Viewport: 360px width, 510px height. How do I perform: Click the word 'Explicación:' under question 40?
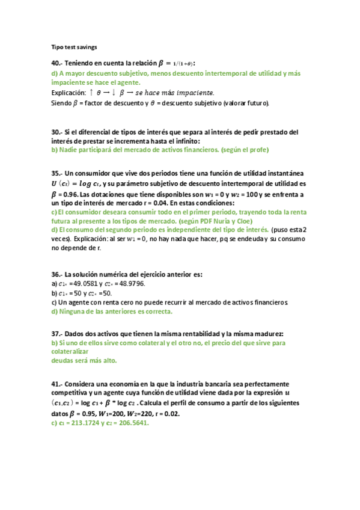[x=68, y=93]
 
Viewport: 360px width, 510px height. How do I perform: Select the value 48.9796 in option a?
[x=130, y=284]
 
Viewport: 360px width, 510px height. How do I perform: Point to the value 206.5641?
[x=132, y=423]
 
